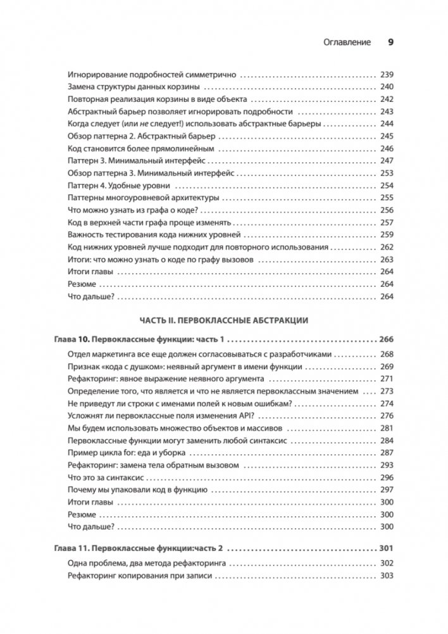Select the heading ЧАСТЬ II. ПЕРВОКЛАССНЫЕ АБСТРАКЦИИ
[224, 320]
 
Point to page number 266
[386, 339]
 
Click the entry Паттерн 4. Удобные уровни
[120, 186]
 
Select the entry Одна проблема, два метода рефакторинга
[147, 563]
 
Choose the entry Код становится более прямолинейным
[139, 148]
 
